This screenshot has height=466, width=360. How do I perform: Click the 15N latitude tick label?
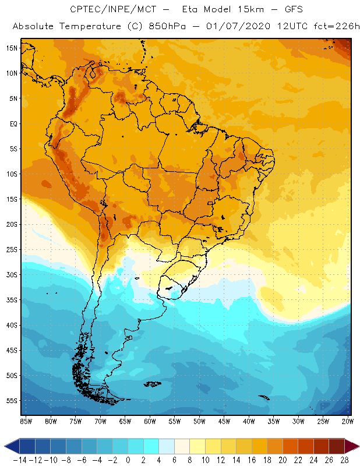coord(12,48)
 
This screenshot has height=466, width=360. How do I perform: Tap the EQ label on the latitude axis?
coord(13,123)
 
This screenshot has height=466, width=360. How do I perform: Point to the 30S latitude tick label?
coord(12,274)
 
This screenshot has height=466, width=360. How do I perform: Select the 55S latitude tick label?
coord(12,401)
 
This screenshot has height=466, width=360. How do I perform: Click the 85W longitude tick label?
coord(26,421)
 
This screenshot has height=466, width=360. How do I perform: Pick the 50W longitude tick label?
coord(200,421)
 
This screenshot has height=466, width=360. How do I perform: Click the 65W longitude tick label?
coord(125,421)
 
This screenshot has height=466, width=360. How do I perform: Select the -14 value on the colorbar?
coord(20,460)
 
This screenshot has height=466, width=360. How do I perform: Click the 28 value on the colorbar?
coord(340,460)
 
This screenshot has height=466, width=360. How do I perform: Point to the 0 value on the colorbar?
coord(128,460)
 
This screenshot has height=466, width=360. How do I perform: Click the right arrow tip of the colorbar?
coord(357,446)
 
